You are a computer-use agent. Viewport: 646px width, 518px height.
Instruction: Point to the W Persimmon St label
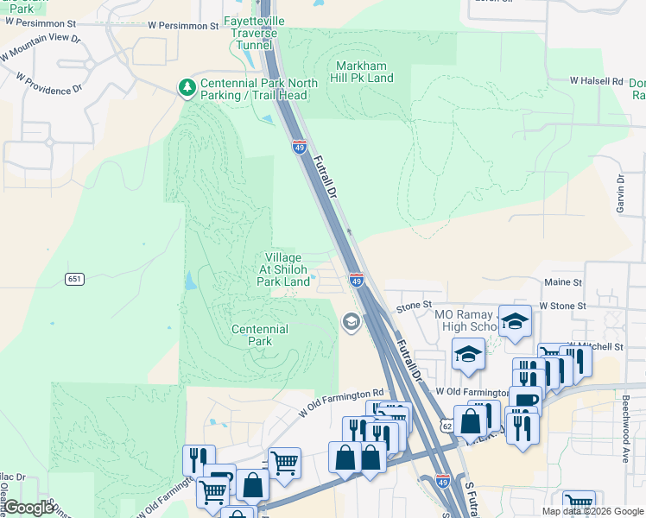pos(183,27)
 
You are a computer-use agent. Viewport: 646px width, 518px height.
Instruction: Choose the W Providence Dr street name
pos(48,83)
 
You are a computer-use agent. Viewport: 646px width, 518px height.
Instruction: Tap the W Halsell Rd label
pos(596,80)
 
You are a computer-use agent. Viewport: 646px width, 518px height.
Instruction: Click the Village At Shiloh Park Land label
pos(283,269)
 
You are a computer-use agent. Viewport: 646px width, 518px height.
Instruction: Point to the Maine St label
pos(561,281)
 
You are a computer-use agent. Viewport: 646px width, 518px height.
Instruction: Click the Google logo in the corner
pos(28,508)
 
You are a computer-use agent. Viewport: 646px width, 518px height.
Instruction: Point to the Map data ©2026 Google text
pos(592,511)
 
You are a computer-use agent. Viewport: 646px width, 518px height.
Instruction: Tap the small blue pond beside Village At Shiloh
pos(189,281)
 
